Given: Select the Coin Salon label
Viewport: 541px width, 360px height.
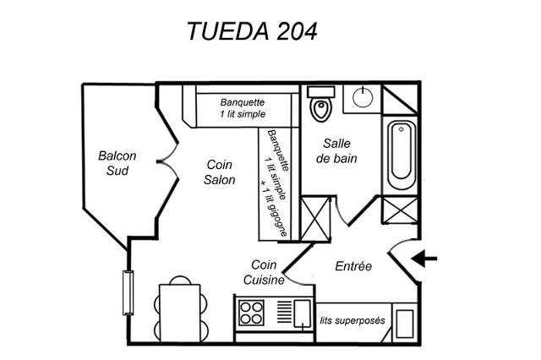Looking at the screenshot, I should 220,172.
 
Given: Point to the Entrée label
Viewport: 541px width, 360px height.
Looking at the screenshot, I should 353,266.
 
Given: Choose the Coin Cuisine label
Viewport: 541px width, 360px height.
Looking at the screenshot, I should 263,273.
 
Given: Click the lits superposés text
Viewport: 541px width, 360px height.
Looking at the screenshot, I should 352,321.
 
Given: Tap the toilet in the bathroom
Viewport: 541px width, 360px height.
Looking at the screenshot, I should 320,107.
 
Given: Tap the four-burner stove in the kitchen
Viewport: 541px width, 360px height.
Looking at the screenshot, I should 251,313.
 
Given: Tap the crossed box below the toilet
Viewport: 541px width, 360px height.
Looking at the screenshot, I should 315,219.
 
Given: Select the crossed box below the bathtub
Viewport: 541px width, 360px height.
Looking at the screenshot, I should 398,211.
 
